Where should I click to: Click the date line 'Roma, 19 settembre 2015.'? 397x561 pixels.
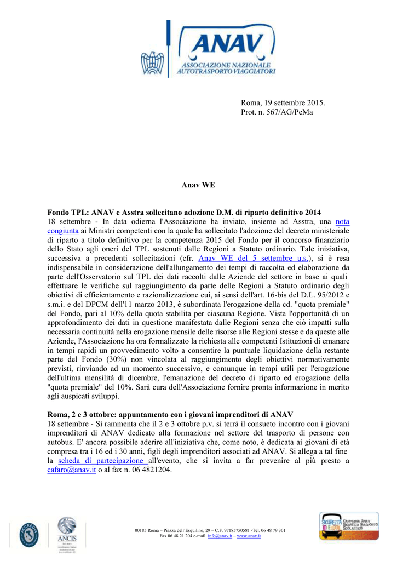(x=283, y=102)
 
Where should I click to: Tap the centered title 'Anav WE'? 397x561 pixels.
(x=198, y=185)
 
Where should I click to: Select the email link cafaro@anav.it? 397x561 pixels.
(x=72, y=470)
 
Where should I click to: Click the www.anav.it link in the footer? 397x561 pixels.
(x=249, y=536)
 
